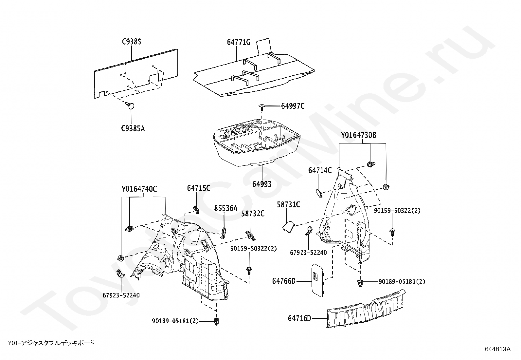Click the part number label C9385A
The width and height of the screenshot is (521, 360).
click(133, 128)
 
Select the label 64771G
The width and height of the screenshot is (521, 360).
click(239, 42)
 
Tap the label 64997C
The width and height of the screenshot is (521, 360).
click(293, 106)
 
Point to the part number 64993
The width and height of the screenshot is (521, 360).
click(261, 184)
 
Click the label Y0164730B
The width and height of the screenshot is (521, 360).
click(359, 135)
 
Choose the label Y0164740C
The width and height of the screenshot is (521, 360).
click(139, 189)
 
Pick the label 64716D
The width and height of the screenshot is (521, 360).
click(299, 318)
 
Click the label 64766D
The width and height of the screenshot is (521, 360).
click(284, 281)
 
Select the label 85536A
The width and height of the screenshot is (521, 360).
click(225, 208)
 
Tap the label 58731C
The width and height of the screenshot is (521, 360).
click(288, 205)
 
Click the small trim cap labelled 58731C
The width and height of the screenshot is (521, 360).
click(288, 226)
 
